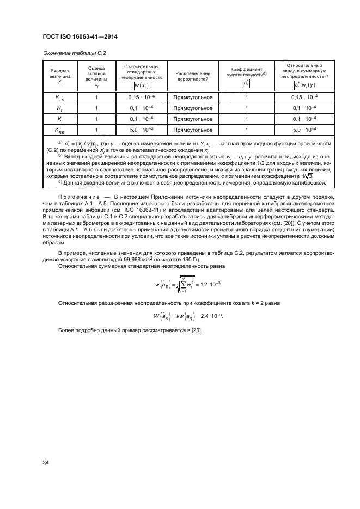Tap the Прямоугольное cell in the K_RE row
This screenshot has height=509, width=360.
192,130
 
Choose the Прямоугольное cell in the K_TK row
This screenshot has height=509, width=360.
192,97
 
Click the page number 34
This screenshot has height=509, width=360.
46,462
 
